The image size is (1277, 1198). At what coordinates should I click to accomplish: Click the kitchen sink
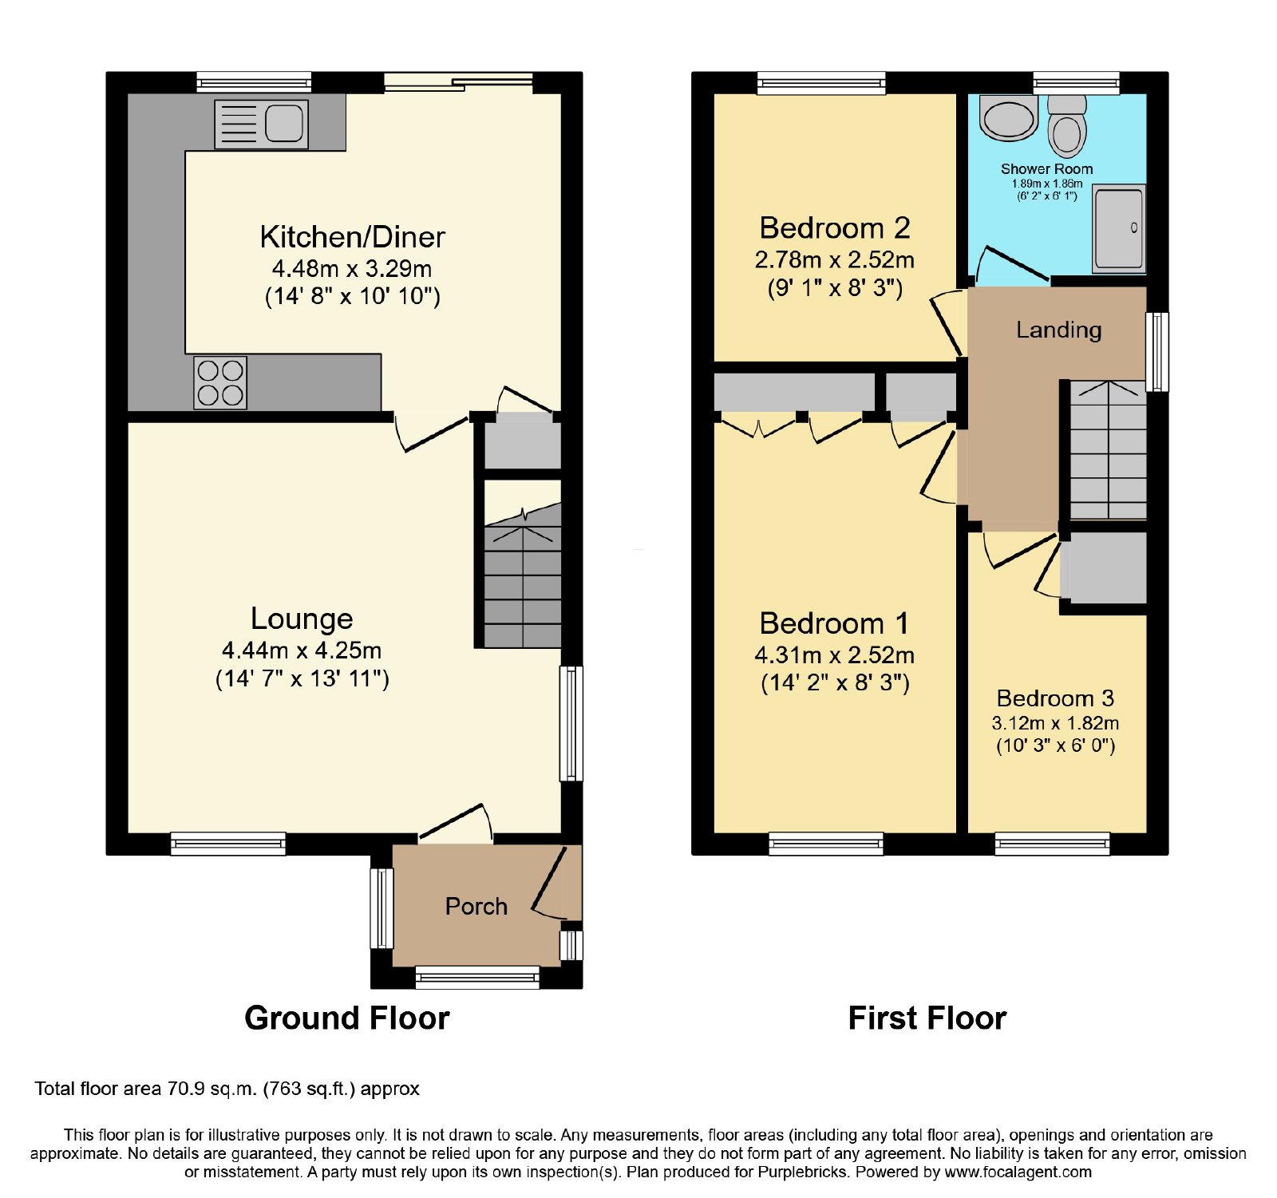coord(261,124)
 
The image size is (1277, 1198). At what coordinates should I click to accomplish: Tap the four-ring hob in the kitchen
coord(220,383)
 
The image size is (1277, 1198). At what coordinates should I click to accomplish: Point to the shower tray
coord(1119,228)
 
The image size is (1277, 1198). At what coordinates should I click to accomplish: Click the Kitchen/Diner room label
coord(352,237)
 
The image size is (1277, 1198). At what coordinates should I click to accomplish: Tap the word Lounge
coord(302,619)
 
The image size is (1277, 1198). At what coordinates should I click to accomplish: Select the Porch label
coord(476,907)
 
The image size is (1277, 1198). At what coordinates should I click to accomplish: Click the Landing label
coord(1058,330)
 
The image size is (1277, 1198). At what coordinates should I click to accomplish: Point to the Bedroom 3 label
coord(1055,698)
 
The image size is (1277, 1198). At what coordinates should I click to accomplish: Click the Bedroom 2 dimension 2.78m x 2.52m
coord(835,260)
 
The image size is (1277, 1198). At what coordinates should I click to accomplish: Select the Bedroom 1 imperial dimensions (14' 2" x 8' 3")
coord(835,683)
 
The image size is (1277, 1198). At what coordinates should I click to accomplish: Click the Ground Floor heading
coord(347,1018)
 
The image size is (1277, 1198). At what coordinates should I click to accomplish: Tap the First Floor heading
coord(927,1018)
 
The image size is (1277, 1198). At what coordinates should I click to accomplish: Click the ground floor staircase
coord(523,575)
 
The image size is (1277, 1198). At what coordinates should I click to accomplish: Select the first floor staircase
coord(1108,450)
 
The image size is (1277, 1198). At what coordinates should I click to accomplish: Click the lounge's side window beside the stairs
coord(571,723)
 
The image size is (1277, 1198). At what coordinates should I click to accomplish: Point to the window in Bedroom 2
coord(821,83)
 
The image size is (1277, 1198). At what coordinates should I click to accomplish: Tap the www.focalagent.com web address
coord(1018,1172)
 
